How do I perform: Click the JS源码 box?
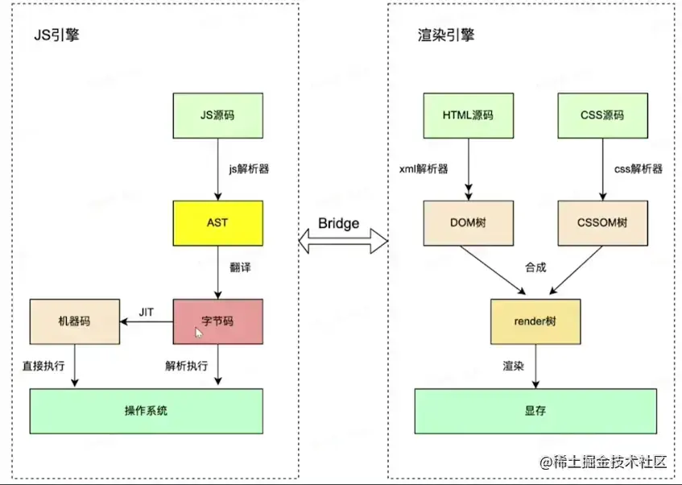[x=217, y=115]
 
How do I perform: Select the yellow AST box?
[x=217, y=223]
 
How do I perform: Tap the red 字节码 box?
[x=217, y=321]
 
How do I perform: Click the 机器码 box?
[x=74, y=321]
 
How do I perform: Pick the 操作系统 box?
[x=146, y=411]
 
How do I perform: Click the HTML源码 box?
[x=467, y=115]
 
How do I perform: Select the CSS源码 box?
[x=602, y=115]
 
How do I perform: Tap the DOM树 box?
[x=467, y=223]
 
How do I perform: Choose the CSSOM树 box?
[x=602, y=223]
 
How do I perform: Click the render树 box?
[x=535, y=321]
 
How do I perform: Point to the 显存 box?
[x=535, y=411]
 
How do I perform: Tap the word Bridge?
[x=338, y=223]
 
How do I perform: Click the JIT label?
[x=147, y=310]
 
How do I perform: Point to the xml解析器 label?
[x=424, y=168]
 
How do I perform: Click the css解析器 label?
[x=639, y=168]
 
